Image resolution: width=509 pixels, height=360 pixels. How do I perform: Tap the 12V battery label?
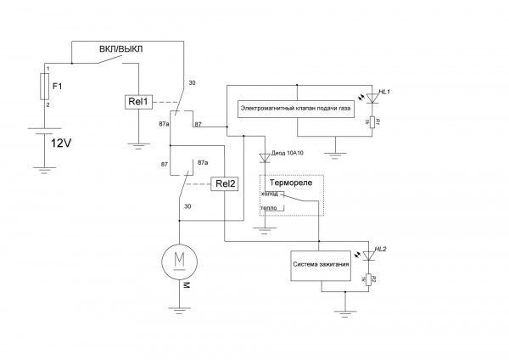coord(63,143)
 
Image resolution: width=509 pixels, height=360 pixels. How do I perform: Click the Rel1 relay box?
coord(137,102)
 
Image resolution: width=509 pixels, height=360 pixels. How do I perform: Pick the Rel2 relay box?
coord(224,183)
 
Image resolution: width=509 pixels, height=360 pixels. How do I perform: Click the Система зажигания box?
coord(321,265)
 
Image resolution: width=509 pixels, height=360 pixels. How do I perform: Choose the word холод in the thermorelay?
coord(270,194)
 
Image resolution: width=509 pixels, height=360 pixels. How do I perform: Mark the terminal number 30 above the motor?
coord(187,206)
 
